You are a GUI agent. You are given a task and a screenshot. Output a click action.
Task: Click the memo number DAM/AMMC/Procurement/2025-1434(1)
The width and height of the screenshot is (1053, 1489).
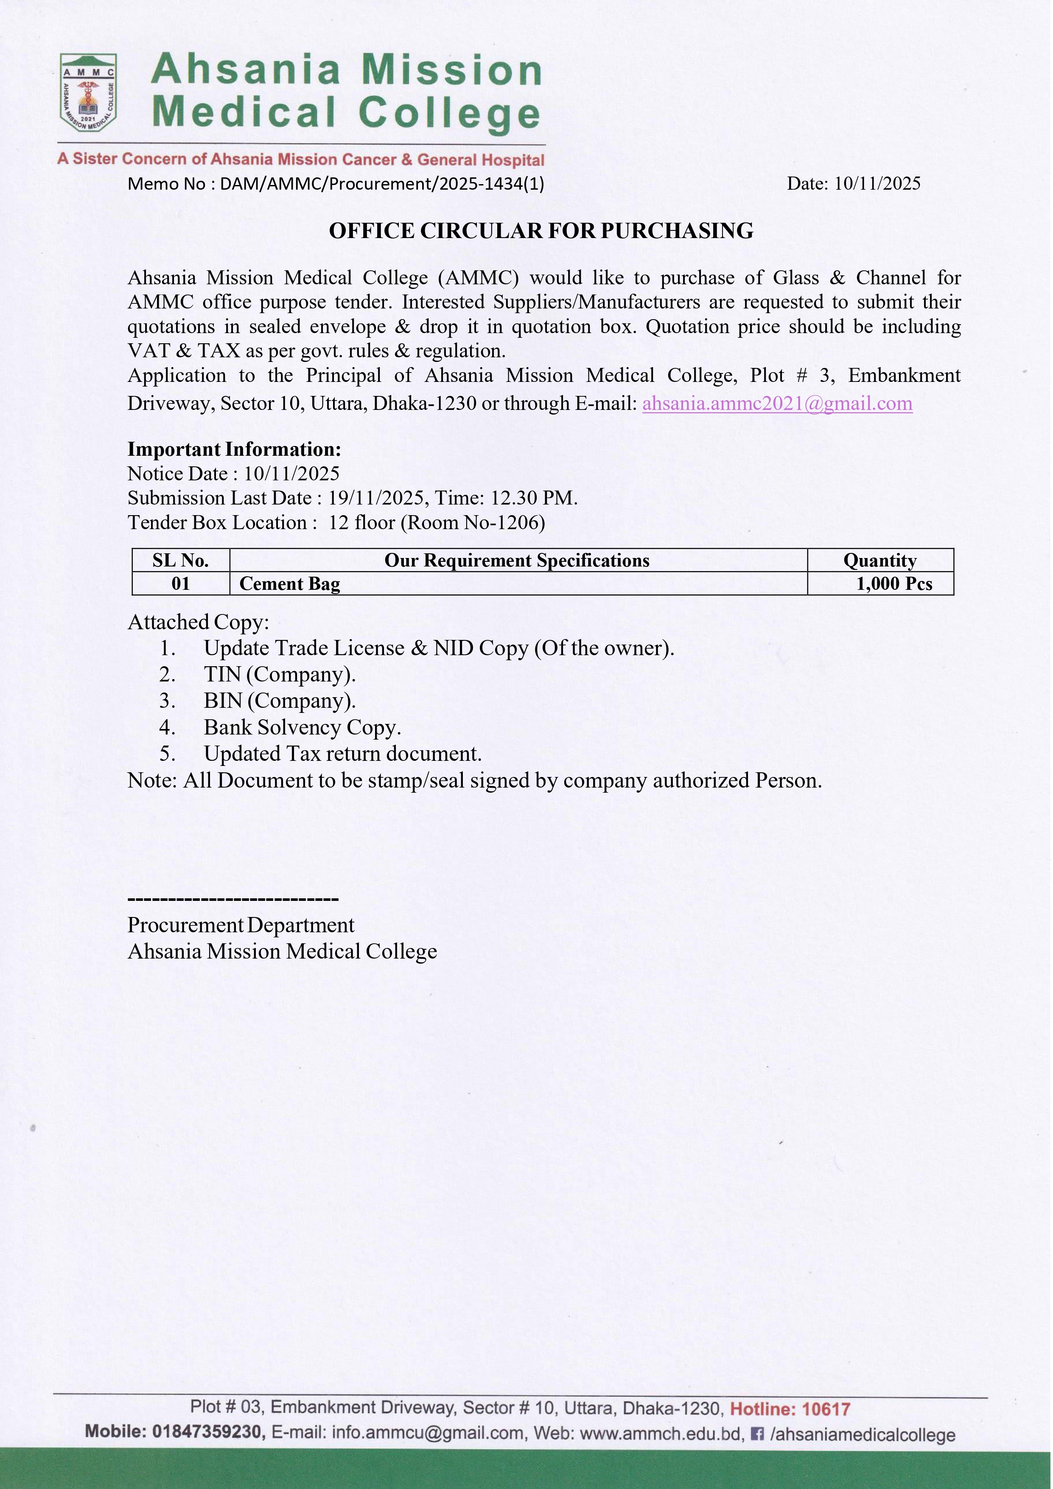(381, 184)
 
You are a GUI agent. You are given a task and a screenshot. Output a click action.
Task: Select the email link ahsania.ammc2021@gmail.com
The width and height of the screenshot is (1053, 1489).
(777, 404)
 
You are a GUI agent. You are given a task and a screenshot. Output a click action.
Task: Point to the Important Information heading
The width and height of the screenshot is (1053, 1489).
(234, 449)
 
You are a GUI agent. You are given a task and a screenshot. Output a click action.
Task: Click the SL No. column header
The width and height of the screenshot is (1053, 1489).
(180, 560)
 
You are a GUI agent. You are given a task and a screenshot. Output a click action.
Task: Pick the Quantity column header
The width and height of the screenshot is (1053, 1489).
(880, 560)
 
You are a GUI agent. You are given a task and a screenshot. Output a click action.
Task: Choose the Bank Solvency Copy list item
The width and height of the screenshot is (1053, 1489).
(302, 728)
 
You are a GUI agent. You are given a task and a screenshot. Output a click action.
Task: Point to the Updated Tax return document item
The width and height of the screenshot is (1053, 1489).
(342, 754)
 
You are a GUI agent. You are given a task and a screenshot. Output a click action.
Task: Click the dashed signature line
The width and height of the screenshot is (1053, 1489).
(233, 900)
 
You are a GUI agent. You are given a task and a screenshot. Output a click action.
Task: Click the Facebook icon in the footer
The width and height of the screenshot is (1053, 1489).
(757, 1434)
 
